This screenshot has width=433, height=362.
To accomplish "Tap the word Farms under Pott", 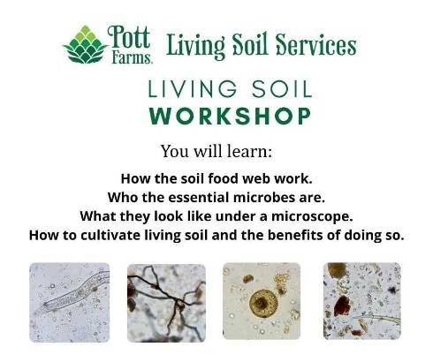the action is click(132, 57).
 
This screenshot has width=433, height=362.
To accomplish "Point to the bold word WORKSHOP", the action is click(230, 116).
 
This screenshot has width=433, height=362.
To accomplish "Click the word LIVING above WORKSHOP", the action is click(193, 89).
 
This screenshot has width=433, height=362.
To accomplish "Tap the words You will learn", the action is click(216, 151).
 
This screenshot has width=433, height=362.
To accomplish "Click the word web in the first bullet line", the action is click(257, 178).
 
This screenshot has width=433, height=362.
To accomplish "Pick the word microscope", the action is click(312, 217).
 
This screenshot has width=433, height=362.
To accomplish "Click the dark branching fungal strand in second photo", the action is click(166, 294).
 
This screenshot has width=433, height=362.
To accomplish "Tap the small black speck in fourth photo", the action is click(392, 290).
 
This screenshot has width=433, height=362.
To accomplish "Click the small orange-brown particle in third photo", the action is click(248, 279).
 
